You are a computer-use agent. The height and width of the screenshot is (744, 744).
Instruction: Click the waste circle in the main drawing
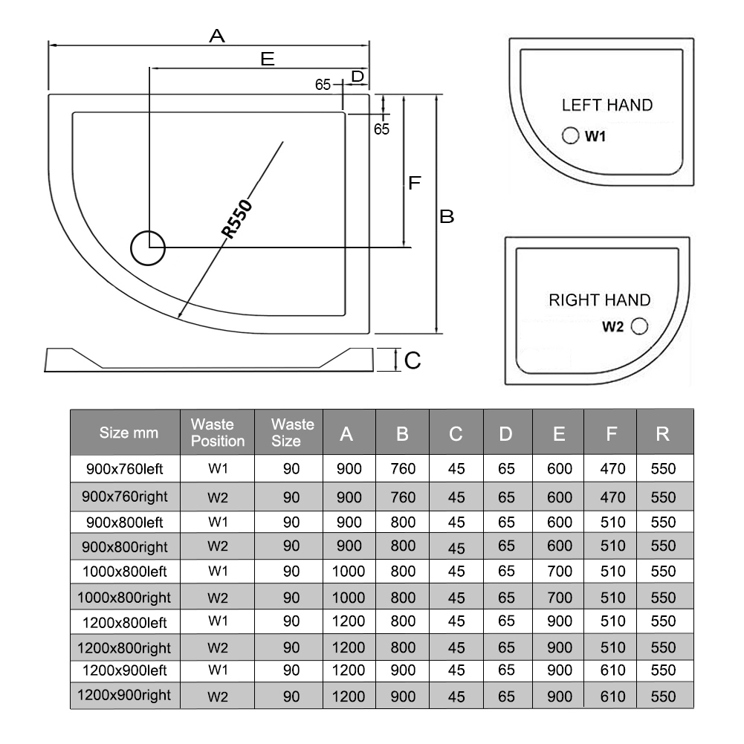(148, 248)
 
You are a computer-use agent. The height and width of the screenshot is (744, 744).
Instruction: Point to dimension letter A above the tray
(216, 35)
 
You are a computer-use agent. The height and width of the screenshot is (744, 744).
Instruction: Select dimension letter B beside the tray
(447, 216)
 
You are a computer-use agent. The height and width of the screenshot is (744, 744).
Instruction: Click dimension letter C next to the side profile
(413, 360)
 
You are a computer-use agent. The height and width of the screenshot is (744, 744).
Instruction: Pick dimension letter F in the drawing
(415, 183)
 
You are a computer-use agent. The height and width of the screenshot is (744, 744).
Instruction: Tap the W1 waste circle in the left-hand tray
(570, 135)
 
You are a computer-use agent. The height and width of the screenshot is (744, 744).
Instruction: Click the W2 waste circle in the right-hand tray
(639, 326)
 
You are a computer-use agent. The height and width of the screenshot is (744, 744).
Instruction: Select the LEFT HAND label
(606, 105)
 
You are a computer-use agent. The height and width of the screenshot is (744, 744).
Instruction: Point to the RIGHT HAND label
(599, 300)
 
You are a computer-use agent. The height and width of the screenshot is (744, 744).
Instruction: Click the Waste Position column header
(217, 433)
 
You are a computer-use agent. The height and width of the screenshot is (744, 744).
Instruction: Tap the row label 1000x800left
(124, 572)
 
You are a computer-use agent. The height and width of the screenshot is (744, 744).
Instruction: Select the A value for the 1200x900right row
(349, 696)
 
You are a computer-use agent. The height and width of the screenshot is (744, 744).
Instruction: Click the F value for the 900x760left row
(612, 469)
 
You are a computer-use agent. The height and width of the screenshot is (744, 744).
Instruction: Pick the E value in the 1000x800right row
(559, 598)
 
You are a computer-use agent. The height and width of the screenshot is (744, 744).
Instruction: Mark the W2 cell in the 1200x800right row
(217, 647)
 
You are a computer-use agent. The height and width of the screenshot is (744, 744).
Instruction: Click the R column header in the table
(663, 433)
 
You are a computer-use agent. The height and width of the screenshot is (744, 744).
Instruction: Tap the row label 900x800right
(124, 547)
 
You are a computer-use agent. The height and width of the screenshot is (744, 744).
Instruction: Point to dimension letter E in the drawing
(268, 59)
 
